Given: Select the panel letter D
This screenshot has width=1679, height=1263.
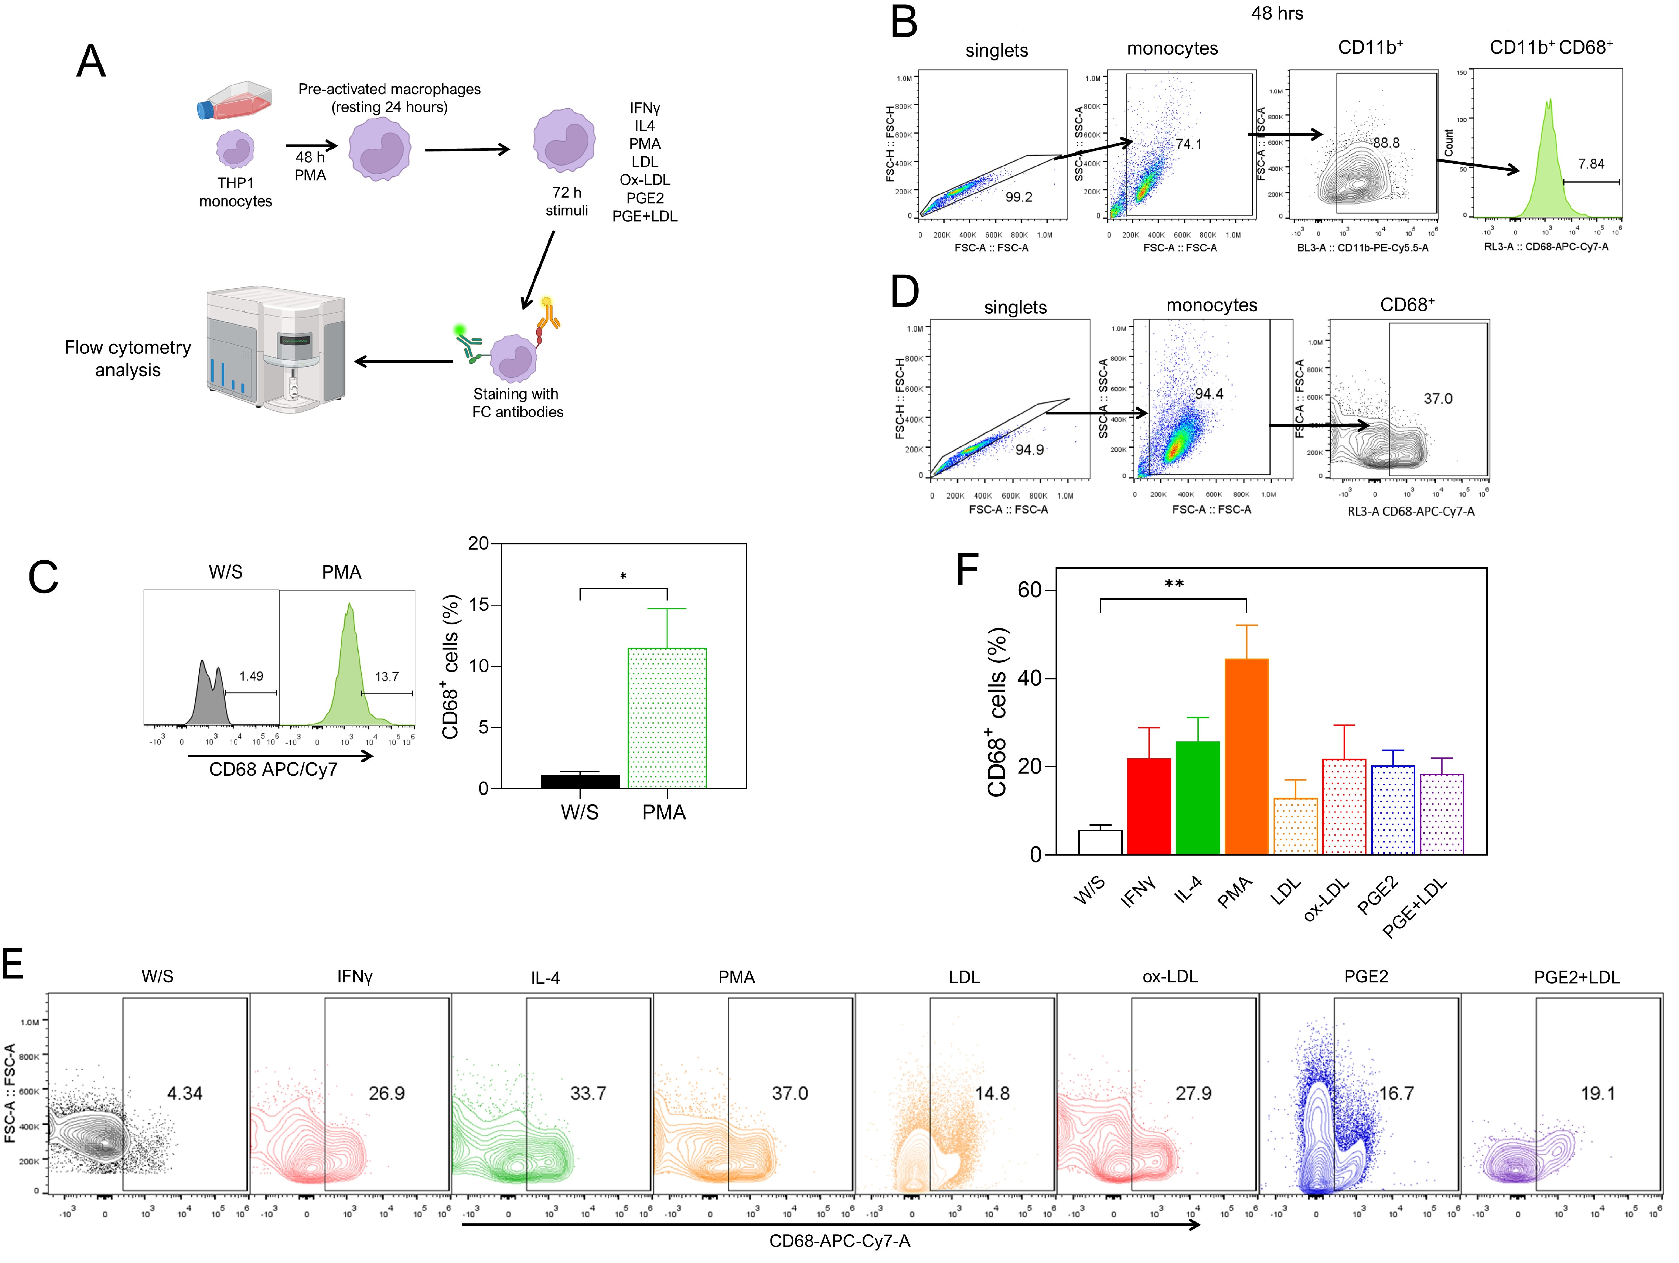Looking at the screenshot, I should [905, 292].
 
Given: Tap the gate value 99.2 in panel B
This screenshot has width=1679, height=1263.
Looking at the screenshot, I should [1019, 197].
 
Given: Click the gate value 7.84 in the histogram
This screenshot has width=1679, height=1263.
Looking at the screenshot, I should [1591, 164].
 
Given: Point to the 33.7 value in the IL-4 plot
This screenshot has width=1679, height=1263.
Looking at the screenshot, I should [588, 1094].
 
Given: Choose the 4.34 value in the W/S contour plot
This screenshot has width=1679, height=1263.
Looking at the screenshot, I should [184, 1094].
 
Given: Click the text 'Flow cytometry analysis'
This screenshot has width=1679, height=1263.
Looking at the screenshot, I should [127, 358].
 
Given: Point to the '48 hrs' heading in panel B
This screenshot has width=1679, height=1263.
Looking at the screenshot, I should [1277, 14].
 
